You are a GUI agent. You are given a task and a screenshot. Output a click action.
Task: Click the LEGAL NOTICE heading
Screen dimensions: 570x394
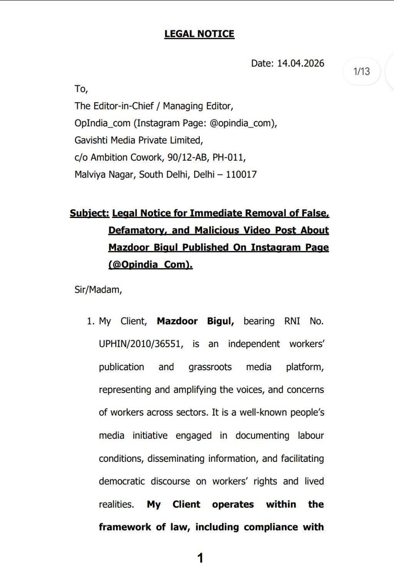pyautogui.click(x=199, y=34)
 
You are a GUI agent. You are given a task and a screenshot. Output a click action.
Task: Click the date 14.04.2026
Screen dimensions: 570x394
pyautogui.click(x=301, y=63)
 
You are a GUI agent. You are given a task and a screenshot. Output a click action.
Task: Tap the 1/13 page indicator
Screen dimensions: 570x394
pyautogui.click(x=361, y=71)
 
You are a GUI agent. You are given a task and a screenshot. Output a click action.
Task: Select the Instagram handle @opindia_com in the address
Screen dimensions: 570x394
pyautogui.click(x=242, y=123)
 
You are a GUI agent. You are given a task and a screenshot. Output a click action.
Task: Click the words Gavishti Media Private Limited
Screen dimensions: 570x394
pyautogui.click(x=139, y=140)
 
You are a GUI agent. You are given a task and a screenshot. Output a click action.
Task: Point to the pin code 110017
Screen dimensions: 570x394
pyautogui.click(x=241, y=174)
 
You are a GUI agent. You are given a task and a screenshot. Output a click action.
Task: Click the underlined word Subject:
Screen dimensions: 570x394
pyautogui.click(x=89, y=213)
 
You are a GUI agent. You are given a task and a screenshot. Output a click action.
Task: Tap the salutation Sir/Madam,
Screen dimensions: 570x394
pyautogui.click(x=98, y=290)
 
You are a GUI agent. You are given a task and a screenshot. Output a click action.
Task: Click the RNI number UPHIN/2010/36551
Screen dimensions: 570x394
pyautogui.click(x=140, y=344)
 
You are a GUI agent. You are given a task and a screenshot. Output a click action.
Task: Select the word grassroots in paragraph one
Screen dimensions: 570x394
pyautogui.click(x=210, y=367)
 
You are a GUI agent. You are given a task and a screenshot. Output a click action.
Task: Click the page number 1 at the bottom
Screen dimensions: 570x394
pyautogui.click(x=200, y=557)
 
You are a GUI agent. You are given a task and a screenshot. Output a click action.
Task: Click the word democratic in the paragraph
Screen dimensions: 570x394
pyautogui.click(x=122, y=481)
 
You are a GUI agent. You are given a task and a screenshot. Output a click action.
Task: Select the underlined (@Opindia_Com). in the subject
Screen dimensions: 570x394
pyautogui.click(x=150, y=265)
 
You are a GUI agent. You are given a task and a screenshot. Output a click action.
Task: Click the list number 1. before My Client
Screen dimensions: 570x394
pyautogui.click(x=90, y=321)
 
